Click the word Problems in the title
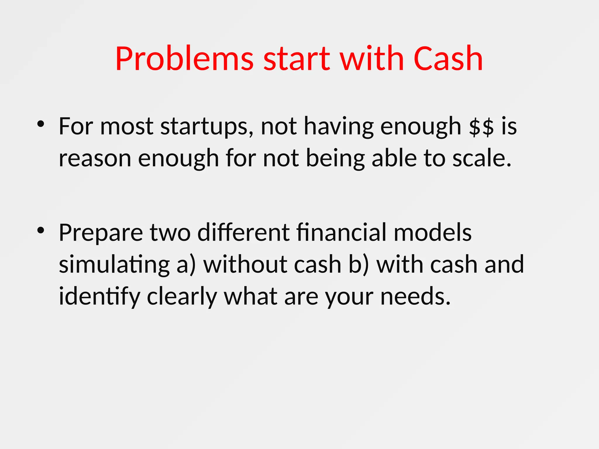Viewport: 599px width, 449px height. pyautogui.click(x=184, y=59)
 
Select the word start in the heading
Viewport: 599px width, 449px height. pyautogui.click(x=297, y=59)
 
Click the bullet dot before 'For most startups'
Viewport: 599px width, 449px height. pyautogui.click(x=41, y=125)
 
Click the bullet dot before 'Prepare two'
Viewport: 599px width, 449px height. pyautogui.click(x=41, y=231)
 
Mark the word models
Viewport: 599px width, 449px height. pyautogui.click(x=433, y=233)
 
